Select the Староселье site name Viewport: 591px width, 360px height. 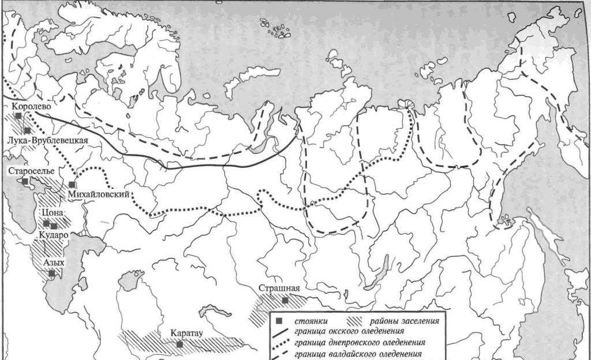(32, 171)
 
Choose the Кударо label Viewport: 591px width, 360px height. (54, 235)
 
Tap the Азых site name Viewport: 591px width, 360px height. (53, 262)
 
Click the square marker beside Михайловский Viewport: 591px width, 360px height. (72, 185)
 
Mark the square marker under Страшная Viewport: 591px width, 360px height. (285, 300)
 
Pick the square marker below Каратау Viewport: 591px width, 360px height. (180, 344)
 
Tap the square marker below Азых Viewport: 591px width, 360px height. (52, 273)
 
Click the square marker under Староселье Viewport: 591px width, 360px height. (25, 181)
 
